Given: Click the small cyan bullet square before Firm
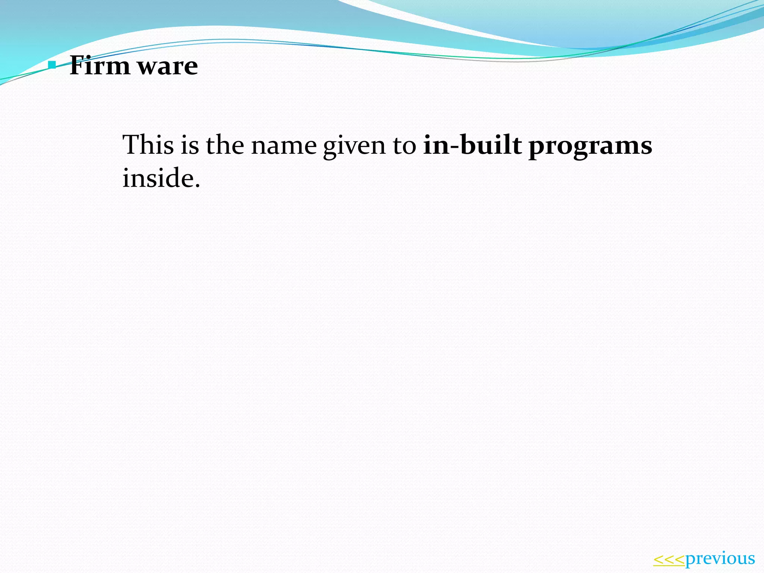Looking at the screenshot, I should (x=52, y=66).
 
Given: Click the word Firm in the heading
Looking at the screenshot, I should (x=100, y=66).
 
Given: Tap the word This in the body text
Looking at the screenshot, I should (x=148, y=145).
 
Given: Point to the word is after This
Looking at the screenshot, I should (x=190, y=145).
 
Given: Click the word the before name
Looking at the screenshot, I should (x=225, y=145).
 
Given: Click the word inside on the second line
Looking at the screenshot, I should (x=158, y=178).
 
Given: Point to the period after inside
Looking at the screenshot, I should (x=197, y=185).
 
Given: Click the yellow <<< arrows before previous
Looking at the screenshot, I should (x=669, y=559).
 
